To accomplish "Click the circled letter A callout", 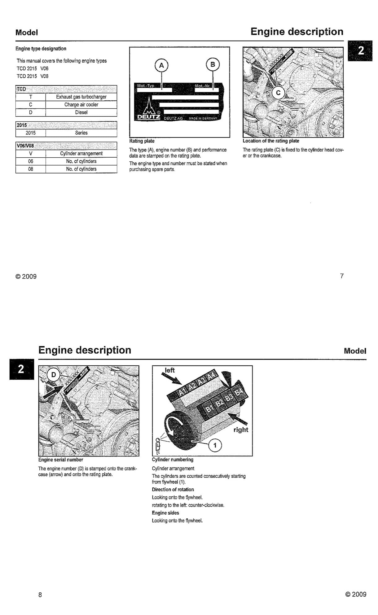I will [x=161, y=65].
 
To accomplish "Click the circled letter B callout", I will [x=213, y=64].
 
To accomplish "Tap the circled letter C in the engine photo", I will [x=278, y=93].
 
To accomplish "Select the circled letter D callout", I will [x=54, y=375].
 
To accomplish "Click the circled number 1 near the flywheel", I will [x=215, y=446].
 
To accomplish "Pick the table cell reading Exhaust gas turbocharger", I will [x=81, y=97].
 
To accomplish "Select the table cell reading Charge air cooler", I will [x=81, y=105].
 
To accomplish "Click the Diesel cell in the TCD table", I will [x=81, y=112].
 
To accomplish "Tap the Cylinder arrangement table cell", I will [x=81, y=154].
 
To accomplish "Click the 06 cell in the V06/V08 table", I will [x=31, y=161].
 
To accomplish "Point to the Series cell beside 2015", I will [x=81, y=133].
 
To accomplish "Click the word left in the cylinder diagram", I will [x=169, y=370].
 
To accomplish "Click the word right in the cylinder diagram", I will [x=241, y=430].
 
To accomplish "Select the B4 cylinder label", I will [x=240, y=392].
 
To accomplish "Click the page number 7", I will [x=342, y=276].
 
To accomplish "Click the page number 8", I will [x=40, y=595].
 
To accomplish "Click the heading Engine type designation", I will [x=41, y=49].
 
